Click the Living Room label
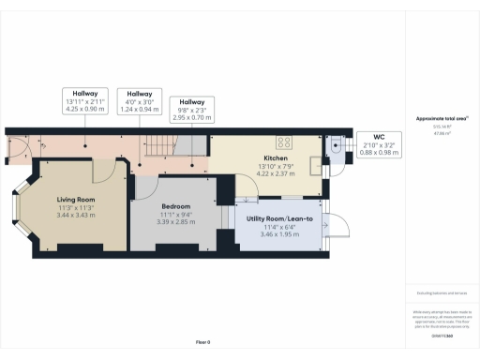tap(77, 200)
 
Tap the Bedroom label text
tap(175, 206)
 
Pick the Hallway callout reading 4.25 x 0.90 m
tap(86, 101)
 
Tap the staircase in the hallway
tap(168, 144)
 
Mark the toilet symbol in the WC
tap(337, 144)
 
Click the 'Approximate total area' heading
tap(442, 119)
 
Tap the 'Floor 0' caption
tap(202, 342)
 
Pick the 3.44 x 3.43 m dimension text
tap(77, 216)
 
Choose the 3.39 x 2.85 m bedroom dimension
tap(175, 222)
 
